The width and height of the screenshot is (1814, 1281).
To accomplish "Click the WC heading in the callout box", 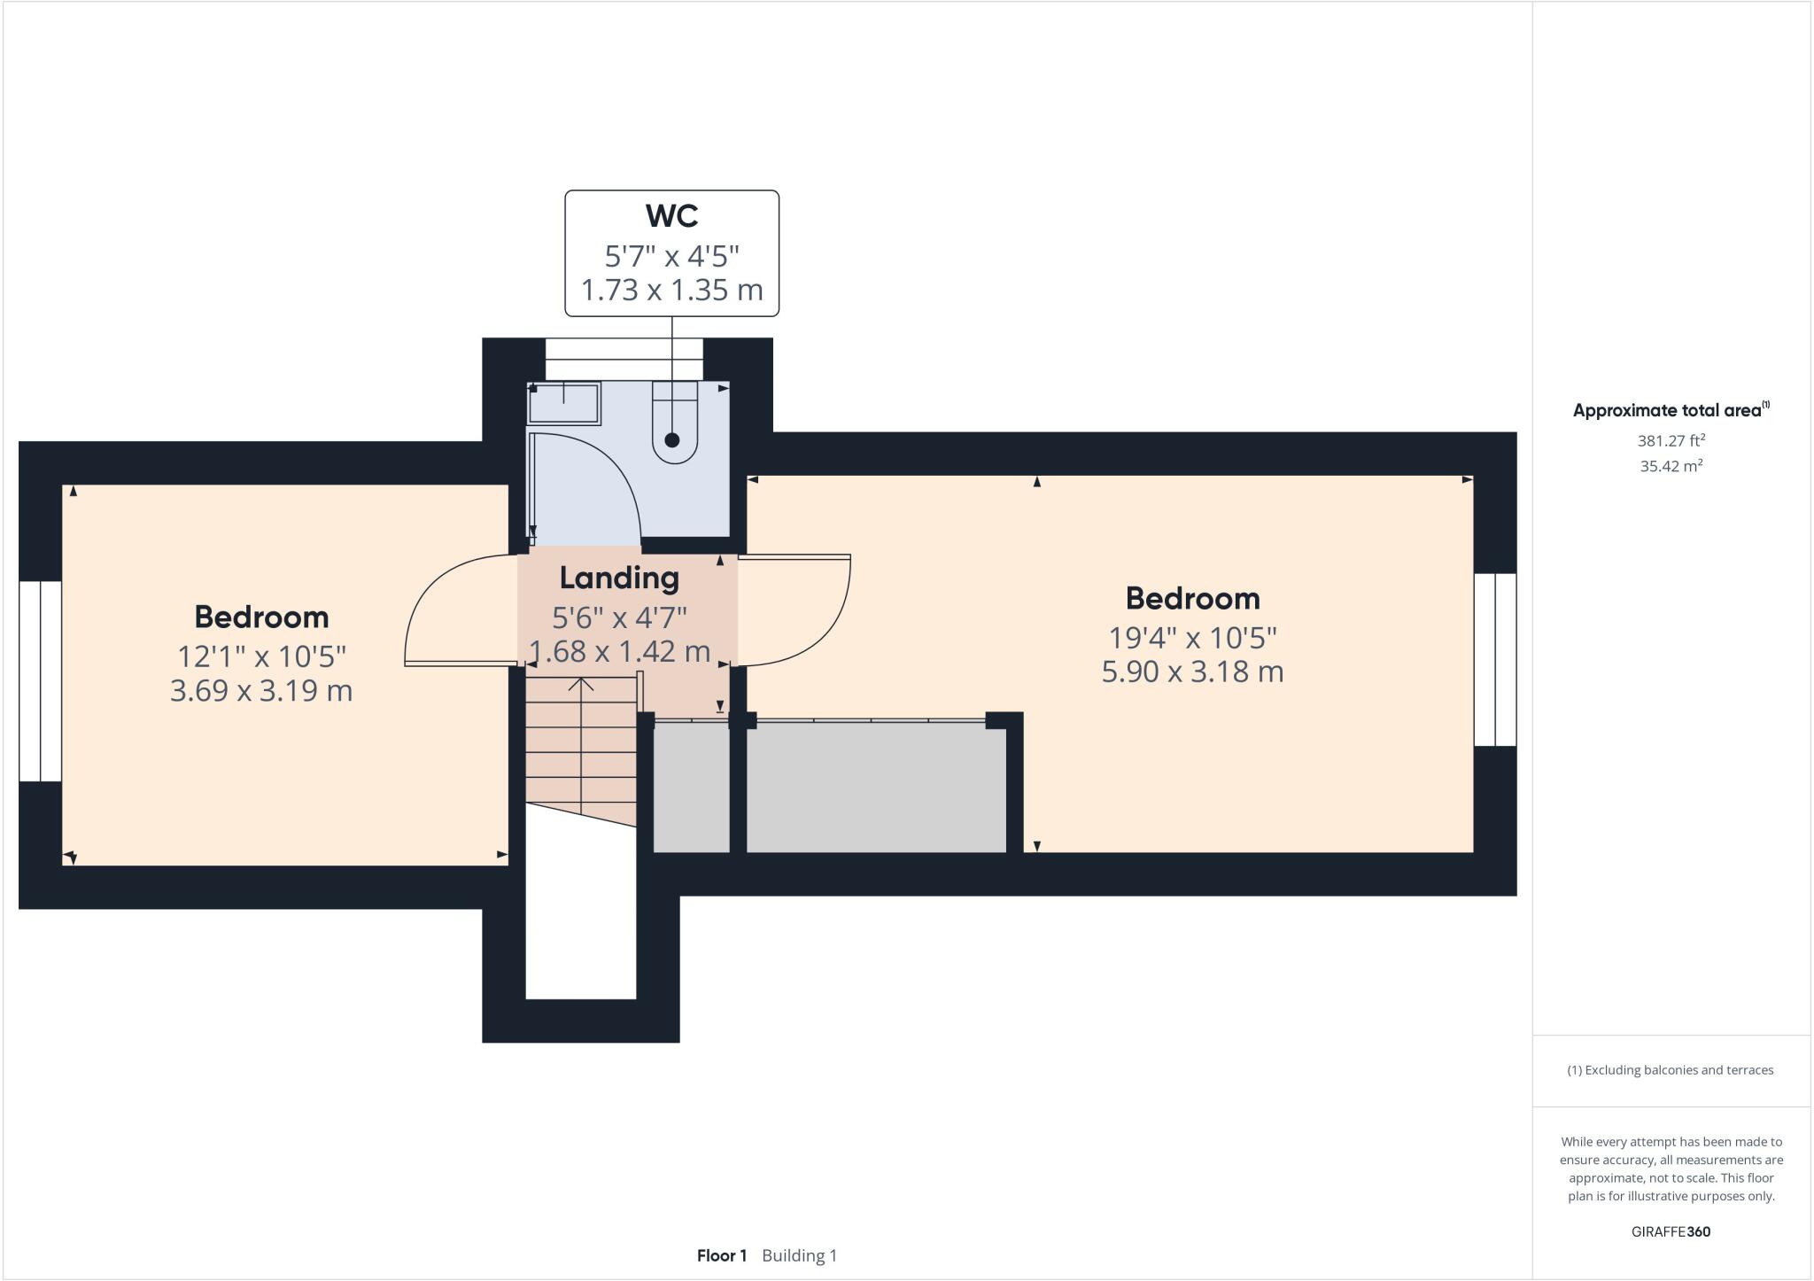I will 671,216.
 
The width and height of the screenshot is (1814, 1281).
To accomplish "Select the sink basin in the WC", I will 564,404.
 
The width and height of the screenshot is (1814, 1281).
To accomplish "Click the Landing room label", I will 619,578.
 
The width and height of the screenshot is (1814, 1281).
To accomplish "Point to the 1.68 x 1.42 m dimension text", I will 619,652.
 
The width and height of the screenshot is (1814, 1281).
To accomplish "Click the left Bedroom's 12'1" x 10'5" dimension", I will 261,656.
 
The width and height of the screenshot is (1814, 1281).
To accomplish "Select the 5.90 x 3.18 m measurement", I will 1192,672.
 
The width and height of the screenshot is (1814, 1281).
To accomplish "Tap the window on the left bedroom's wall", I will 40,681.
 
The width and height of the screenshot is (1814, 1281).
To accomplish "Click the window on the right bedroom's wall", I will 1495,659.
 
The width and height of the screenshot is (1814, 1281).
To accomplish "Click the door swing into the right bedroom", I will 797,611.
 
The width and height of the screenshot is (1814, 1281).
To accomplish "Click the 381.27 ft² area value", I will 1671,440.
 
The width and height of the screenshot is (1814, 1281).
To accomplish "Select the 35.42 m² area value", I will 1671,466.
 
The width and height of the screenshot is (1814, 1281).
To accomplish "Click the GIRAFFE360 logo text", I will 1671,1231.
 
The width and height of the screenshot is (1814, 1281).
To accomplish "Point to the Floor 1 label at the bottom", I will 722,1255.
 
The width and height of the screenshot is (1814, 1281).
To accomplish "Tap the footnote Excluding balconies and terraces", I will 1671,1070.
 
